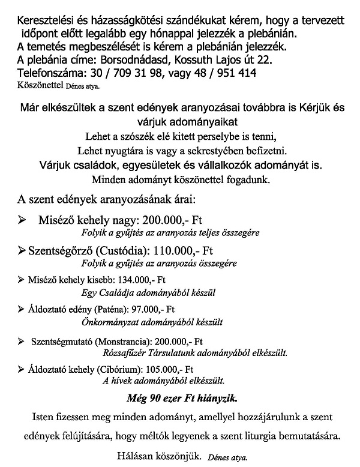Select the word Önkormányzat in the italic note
click(107, 322)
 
